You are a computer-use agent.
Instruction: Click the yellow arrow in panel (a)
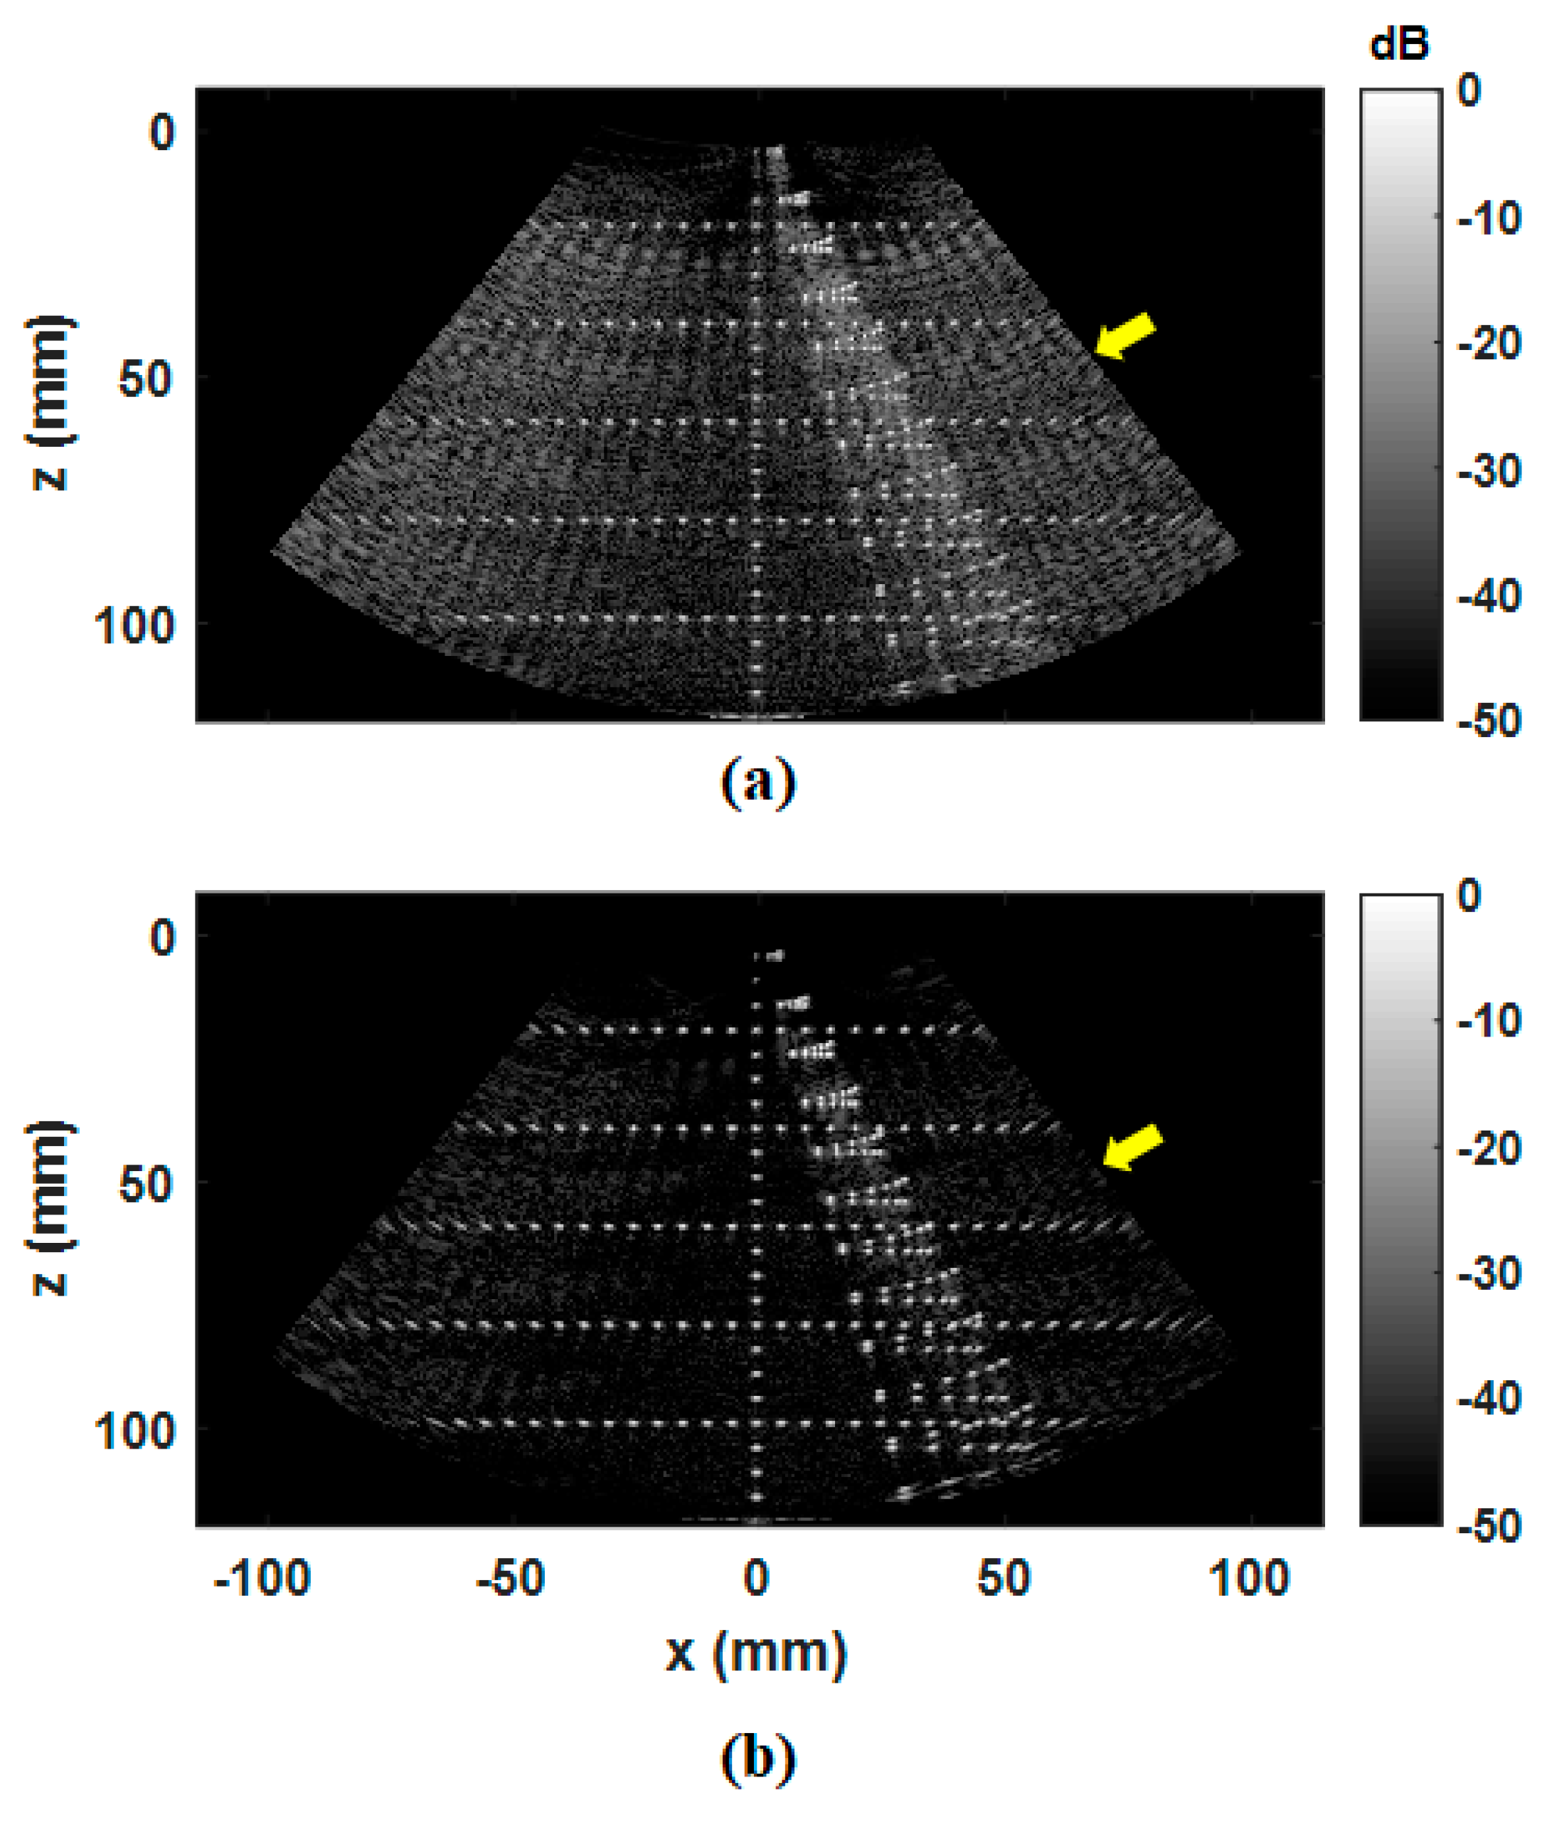[x=1125, y=337]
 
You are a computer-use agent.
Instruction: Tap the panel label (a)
[x=757, y=783]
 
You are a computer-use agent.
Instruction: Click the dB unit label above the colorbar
[x=1400, y=44]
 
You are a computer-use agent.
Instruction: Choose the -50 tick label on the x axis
[x=511, y=1578]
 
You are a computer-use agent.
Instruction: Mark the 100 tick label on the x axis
[x=1249, y=1578]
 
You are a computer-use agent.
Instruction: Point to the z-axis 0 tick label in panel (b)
[x=162, y=938]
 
